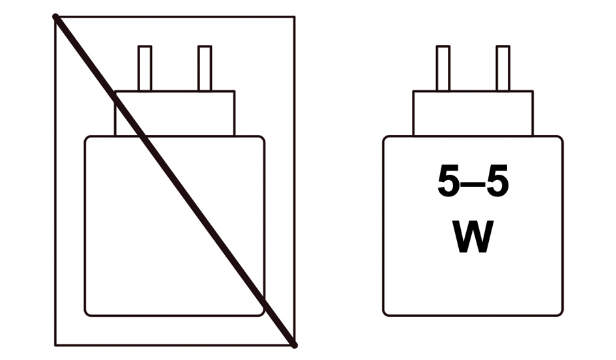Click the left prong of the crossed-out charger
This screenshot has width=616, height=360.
coord(145,68)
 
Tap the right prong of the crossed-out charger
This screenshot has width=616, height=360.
coord(205,68)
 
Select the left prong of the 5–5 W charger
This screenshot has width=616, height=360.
coord(443,68)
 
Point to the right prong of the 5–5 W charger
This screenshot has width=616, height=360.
coord(503,68)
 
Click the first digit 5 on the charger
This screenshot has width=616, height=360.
coord(448,181)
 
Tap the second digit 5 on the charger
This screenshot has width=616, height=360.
coord(498,181)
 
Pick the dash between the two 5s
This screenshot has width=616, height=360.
coord(473,184)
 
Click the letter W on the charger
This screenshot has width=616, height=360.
coord(473,237)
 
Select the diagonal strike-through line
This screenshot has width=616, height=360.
coord(175,181)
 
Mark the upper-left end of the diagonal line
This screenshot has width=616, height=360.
coord(55,16)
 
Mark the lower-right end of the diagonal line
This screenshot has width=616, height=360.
coord(295,346)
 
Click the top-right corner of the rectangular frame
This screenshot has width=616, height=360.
coord(295,16)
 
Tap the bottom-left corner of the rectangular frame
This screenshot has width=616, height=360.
coord(55,346)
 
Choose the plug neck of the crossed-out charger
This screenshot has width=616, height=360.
coord(175,113)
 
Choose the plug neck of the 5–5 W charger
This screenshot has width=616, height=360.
coord(473,113)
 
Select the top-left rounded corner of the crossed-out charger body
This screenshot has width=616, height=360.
coord(87,138)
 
